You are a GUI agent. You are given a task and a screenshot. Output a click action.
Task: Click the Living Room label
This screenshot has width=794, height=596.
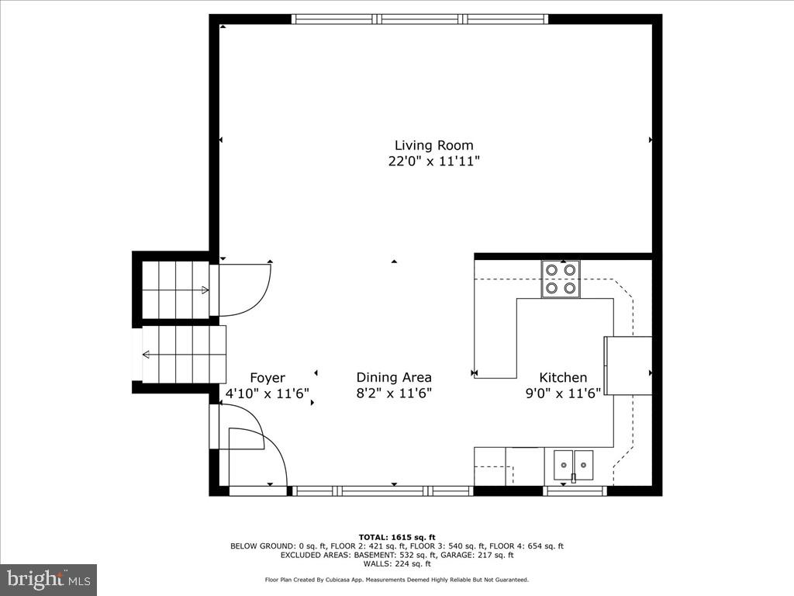[x=433, y=145]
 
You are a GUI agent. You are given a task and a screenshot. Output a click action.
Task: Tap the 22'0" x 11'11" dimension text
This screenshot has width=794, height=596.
[x=434, y=161]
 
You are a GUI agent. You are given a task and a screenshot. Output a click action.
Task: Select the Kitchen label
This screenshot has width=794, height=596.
[x=563, y=377]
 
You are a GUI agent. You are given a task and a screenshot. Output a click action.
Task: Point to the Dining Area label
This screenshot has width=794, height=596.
[x=394, y=377]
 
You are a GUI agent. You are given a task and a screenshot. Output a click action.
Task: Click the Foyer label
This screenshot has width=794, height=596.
[x=267, y=378]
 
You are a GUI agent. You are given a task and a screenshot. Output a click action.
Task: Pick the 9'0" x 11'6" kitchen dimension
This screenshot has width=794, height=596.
[x=563, y=393]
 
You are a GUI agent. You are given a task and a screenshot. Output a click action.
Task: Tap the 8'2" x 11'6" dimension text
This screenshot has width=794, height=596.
[x=394, y=393]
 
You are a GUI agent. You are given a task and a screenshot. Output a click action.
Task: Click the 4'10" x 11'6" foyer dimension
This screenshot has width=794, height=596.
[x=267, y=393]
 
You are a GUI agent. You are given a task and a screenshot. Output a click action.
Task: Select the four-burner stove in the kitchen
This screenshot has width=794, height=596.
[x=560, y=279]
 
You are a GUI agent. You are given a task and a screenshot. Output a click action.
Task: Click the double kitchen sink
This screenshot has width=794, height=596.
[x=573, y=465]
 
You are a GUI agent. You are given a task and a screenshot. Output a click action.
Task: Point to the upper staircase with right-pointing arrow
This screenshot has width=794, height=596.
[x=176, y=289]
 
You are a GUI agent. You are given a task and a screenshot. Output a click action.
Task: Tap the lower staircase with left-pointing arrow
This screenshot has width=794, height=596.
[x=184, y=355]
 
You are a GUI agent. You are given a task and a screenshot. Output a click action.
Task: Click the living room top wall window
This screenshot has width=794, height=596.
[x=419, y=19]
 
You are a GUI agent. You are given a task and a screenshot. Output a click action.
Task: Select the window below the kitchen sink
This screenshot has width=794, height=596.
[x=575, y=490]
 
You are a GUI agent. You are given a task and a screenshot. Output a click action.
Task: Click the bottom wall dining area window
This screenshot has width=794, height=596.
[x=383, y=490]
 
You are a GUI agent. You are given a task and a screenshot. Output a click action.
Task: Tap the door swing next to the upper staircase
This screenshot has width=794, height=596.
[x=243, y=289]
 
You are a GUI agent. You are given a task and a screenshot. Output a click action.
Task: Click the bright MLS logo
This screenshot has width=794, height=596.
[x=48, y=579]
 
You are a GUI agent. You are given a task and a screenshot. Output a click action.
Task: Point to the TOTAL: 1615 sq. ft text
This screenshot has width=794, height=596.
[x=397, y=537]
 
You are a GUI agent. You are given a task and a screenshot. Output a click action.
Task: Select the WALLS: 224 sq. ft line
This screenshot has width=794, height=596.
[x=397, y=563]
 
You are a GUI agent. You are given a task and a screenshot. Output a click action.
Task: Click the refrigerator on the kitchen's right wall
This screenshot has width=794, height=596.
[x=628, y=366]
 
